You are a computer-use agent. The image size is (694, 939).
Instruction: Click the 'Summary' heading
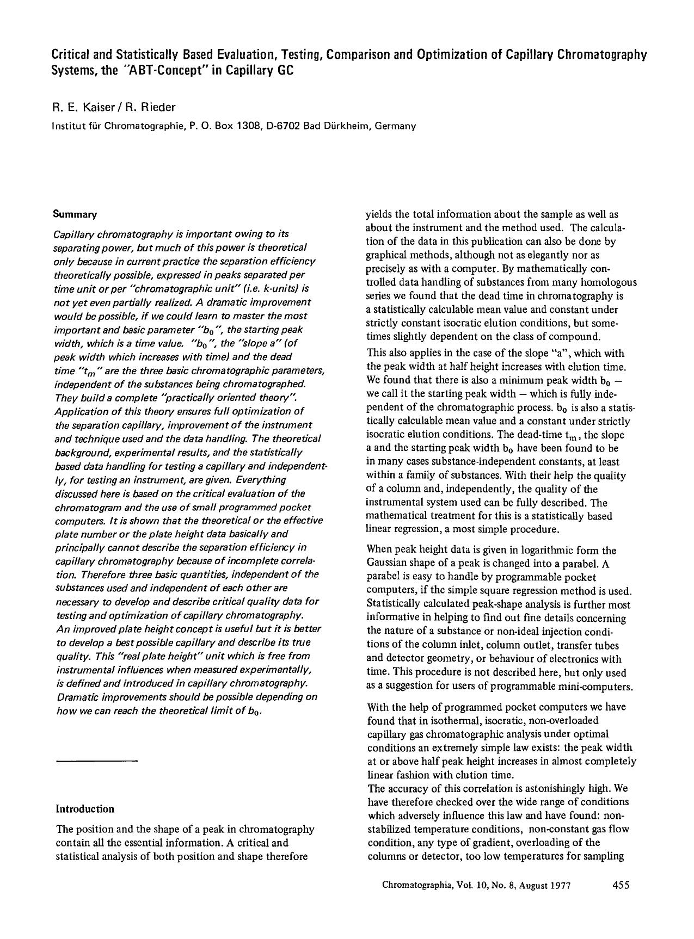[75, 214]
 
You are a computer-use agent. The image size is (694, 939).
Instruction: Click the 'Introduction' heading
[85, 809]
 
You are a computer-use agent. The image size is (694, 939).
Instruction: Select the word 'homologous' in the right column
[610, 282]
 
